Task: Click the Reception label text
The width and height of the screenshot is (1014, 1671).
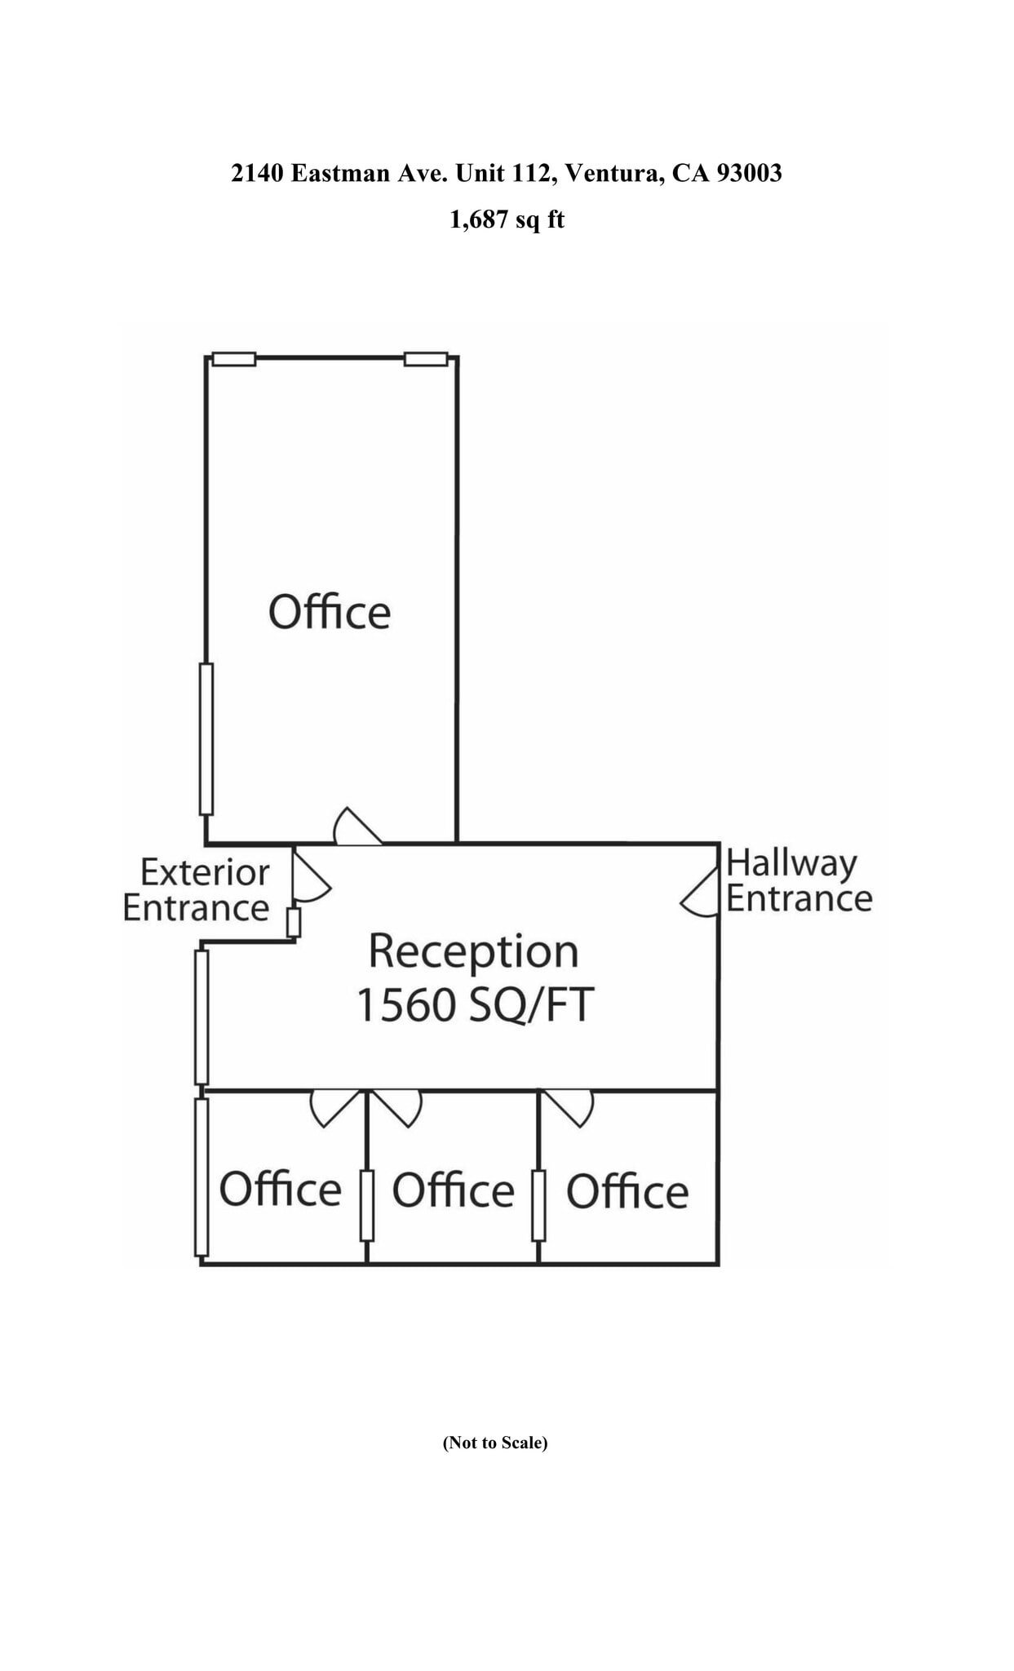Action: pos(473,951)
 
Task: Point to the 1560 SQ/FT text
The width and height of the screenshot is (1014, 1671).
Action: pos(475,1004)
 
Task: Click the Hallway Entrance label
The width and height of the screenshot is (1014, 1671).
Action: pos(799,881)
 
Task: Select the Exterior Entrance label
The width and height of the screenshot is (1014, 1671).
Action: pos(197,890)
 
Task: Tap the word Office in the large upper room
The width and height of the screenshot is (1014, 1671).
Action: pos(330,612)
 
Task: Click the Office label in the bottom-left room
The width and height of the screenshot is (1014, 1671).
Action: pos(280,1189)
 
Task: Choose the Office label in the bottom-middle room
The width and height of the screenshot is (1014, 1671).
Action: pos(453,1190)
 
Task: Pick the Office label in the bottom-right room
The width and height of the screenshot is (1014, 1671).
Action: pos(627,1191)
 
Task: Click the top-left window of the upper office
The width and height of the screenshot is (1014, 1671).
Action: pos(234,359)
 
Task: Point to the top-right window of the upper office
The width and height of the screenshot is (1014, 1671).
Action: pos(426,359)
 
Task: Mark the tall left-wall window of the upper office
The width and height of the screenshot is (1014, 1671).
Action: pos(206,738)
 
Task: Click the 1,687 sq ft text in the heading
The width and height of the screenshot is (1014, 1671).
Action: pos(507,219)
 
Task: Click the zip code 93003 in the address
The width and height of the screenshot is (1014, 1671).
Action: pos(749,173)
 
